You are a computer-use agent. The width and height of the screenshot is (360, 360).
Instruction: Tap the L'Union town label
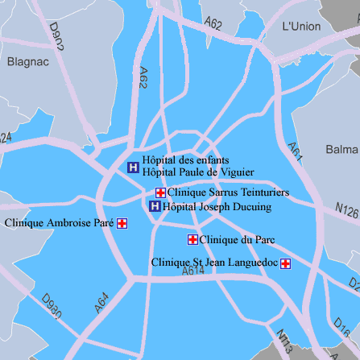click(x=301, y=27)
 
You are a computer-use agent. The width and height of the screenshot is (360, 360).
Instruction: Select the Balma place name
click(x=342, y=150)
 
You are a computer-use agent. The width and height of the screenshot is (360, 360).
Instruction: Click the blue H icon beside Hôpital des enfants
click(x=133, y=168)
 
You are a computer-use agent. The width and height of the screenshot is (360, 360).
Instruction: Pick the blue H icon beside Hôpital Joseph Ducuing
click(x=155, y=206)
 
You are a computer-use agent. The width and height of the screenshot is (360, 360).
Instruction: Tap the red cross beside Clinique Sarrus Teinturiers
click(x=160, y=192)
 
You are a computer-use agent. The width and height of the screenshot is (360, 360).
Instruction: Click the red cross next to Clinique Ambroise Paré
click(x=122, y=223)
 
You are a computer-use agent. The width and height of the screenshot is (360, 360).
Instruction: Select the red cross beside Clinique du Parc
click(x=192, y=239)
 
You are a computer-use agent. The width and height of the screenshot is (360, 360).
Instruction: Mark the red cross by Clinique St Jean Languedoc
click(x=285, y=263)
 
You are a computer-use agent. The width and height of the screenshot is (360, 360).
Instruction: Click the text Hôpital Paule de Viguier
click(x=198, y=172)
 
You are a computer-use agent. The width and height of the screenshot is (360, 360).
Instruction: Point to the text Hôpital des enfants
click(x=185, y=159)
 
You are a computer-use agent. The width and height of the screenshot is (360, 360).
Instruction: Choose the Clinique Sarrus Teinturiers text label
click(x=228, y=193)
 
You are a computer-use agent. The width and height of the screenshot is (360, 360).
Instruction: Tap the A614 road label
click(x=193, y=273)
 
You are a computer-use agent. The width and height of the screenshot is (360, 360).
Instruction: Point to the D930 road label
click(x=51, y=308)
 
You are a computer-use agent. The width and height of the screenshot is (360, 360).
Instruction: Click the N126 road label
click(x=346, y=210)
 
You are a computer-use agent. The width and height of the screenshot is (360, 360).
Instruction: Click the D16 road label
click(x=341, y=326)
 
